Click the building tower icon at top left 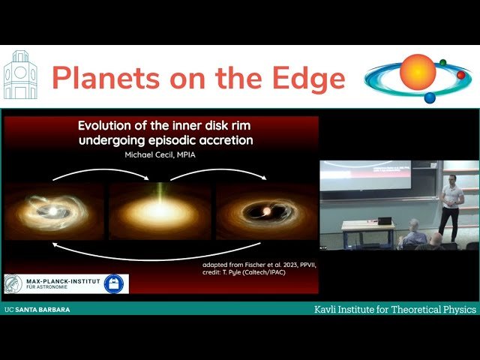coord(19,76)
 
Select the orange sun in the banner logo coord(417,72)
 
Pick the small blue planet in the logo coord(430,97)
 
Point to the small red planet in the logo coord(460,75)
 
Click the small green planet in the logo coord(442,63)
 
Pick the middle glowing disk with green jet coord(160,211)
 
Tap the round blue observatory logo coord(113,283)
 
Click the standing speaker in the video coord(451,206)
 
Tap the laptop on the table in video coord(385,220)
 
